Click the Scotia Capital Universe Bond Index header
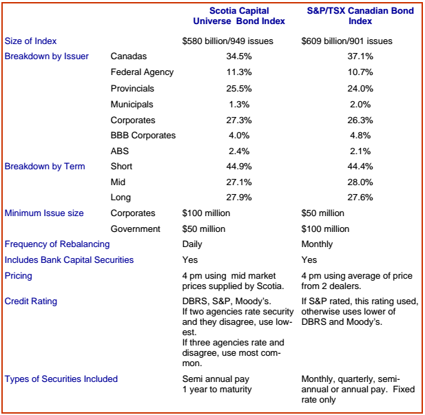point(239,16)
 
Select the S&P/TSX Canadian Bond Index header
point(360,16)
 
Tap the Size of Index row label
point(30,41)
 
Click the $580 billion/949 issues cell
point(228,41)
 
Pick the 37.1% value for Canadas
point(360,56)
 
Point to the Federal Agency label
point(142,72)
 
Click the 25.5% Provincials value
point(239,88)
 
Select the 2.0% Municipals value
point(360,105)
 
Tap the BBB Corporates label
point(143,135)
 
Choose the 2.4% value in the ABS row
point(239,151)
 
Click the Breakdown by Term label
point(45,167)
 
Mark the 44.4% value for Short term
point(360,166)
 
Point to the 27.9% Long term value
point(239,198)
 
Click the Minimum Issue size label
point(44,213)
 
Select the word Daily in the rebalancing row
point(192,244)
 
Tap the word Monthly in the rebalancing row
point(317,244)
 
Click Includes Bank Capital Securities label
point(69,259)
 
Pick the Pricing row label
point(19,276)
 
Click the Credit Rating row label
point(31,301)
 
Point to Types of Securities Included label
point(61,379)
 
